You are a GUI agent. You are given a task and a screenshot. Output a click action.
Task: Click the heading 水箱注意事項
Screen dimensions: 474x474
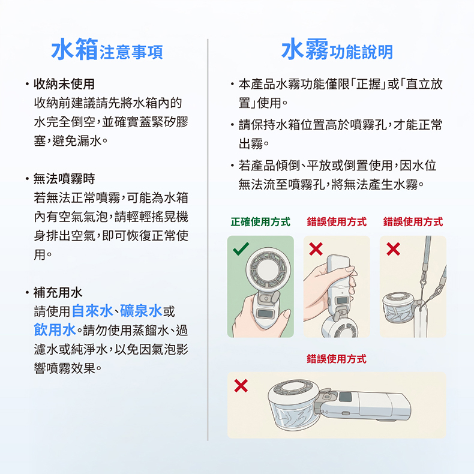107,49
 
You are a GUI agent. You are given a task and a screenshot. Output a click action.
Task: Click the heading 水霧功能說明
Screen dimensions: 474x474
337,49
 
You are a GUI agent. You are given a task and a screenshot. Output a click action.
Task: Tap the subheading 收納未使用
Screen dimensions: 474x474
64,84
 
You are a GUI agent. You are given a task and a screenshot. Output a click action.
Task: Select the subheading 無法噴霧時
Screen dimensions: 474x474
64,179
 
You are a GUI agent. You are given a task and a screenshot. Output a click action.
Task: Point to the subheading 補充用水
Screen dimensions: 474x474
58,292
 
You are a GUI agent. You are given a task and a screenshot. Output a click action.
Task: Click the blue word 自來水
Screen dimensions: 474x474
92,311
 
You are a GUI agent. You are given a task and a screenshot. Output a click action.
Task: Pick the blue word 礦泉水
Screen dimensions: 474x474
141,311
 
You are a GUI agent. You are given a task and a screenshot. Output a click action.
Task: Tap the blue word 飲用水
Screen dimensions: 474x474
55,330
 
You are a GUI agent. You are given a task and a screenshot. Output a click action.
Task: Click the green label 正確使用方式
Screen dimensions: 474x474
260,222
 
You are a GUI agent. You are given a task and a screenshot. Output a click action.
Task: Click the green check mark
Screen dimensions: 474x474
241,249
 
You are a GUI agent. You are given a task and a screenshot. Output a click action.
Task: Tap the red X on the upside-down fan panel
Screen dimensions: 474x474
316,249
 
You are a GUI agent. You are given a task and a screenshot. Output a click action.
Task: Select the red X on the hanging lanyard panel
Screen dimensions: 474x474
393,249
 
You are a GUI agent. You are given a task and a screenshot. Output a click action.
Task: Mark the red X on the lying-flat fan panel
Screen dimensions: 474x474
241,386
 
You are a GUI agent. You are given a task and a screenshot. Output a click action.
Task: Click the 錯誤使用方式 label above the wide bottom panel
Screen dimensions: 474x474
337,359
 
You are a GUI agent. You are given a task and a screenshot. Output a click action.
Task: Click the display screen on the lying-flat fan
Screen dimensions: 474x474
345,397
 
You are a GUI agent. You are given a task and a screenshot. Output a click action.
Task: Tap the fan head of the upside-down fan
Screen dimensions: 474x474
340,327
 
